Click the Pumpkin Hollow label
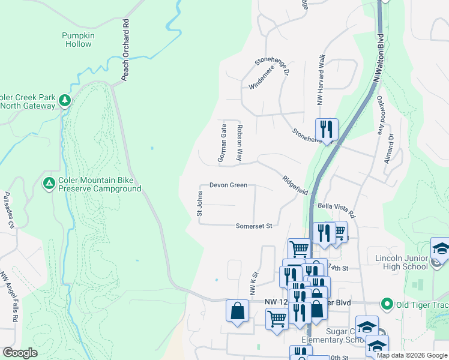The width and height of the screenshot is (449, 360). (78, 40)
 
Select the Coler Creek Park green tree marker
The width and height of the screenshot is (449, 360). (65, 101)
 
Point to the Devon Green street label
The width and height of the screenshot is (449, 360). (228, 185)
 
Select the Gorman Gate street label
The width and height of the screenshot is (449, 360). (223, 143)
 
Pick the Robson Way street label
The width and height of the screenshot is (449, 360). (239, 143)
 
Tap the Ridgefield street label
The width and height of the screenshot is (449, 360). (296, 185)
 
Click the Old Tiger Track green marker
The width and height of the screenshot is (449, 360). (387, 305)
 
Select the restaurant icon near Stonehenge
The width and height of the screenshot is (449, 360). (327, 128)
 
